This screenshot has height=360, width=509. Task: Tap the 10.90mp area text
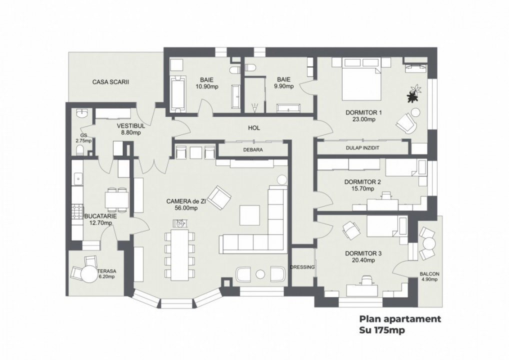point(207,86)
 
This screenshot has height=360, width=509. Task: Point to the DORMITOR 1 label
point(363,112)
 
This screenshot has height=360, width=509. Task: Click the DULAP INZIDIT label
point(363,148)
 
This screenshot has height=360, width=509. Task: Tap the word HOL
point(254,128)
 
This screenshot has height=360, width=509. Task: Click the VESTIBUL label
point(131,126)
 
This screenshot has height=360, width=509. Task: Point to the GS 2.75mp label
point(84,138)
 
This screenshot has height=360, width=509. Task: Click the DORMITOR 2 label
point(363,182)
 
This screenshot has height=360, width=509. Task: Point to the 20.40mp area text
point(363,260)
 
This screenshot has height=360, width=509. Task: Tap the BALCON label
point(429,273)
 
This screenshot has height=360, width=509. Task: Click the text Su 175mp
point(381,330)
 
